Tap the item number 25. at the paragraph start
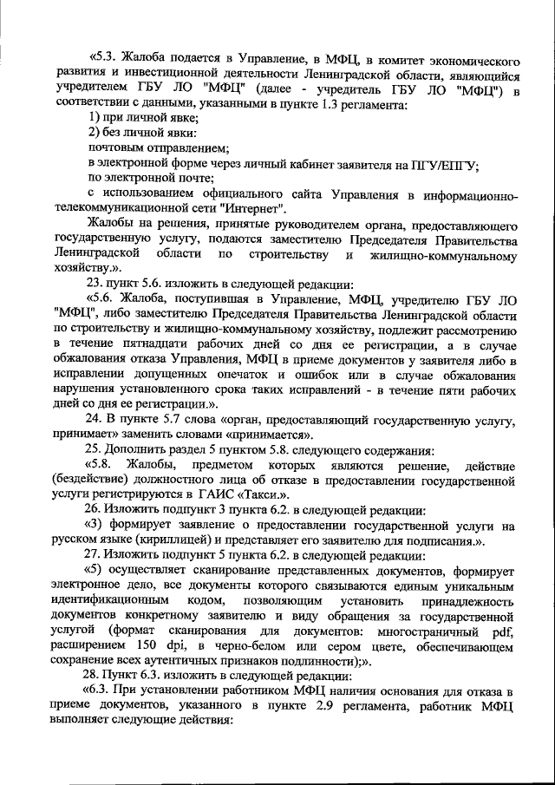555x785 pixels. tap(96, 450)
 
